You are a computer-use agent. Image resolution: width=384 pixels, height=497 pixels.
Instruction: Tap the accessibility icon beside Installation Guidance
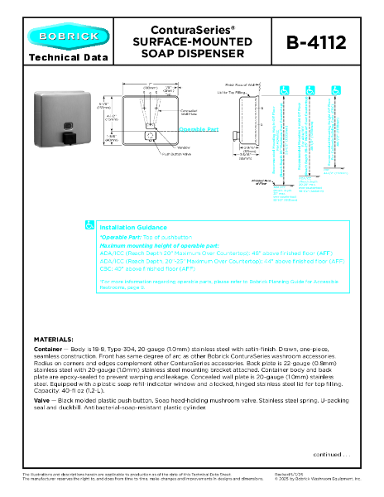click(90, 225)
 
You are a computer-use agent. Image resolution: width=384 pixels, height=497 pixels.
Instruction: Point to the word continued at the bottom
click(329, 454)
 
